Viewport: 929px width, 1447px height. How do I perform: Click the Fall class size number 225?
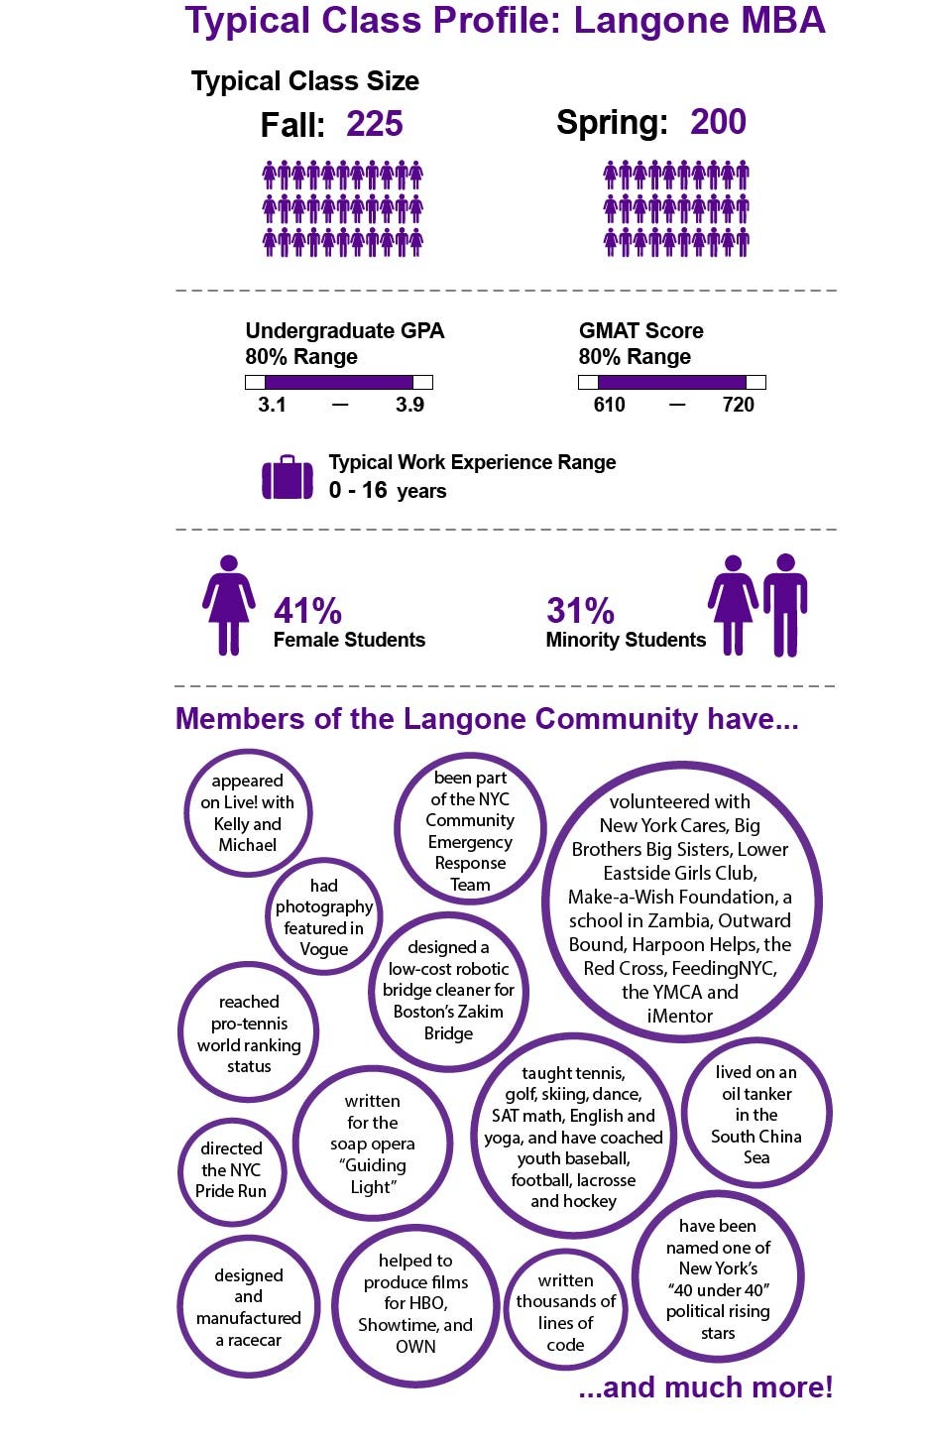point(375,125)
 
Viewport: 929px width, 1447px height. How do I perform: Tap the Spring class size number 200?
point(718,123)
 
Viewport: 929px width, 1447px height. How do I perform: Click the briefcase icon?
point(288,478)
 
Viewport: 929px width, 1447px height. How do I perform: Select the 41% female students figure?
point(307,611)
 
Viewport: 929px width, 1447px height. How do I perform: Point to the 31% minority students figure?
point(580,611)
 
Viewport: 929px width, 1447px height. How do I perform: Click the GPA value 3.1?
point(272,405)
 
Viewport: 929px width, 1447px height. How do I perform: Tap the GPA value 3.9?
point(409,405)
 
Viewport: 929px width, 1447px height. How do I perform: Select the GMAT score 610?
point(609,405)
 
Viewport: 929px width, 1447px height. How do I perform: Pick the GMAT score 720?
point(739,405)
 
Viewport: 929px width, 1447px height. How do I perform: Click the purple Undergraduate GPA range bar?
point(338,382)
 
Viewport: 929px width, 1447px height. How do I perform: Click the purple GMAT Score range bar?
point(671,382)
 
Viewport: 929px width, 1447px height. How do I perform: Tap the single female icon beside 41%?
point(229,605)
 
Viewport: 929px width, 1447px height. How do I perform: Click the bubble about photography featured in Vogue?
point(323,917)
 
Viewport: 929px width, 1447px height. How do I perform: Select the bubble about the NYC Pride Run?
point(231,1170)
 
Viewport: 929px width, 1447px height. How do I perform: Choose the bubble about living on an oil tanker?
point(756,1114)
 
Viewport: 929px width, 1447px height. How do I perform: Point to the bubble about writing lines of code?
point(565,1312)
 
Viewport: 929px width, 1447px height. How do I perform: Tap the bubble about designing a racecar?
point(249,1307)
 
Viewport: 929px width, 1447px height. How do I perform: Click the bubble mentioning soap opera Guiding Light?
point(373,1144)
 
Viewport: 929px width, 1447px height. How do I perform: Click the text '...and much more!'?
point(705,1387)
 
